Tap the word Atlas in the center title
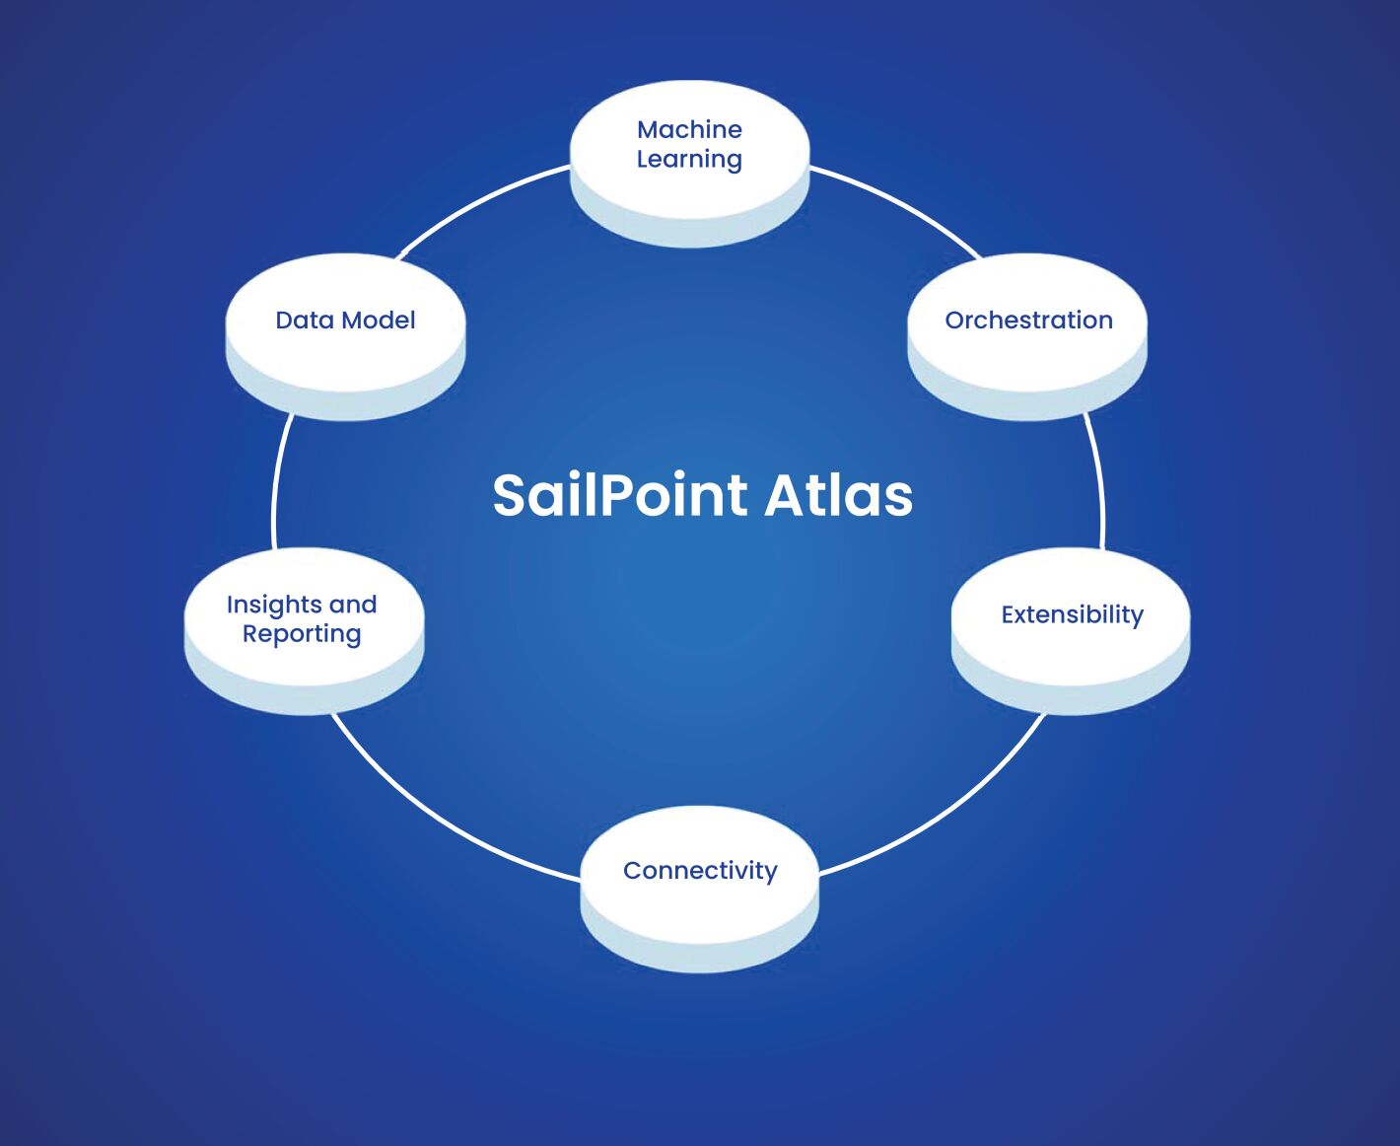(x=838, y=495)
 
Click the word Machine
(x=689, y=129)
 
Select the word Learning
(x=689, y=159)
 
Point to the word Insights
(x=272, y=605)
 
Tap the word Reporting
(x=302, y=634)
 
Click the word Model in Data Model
(x=378, y=320)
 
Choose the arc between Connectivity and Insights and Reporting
(x=444, y=819)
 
